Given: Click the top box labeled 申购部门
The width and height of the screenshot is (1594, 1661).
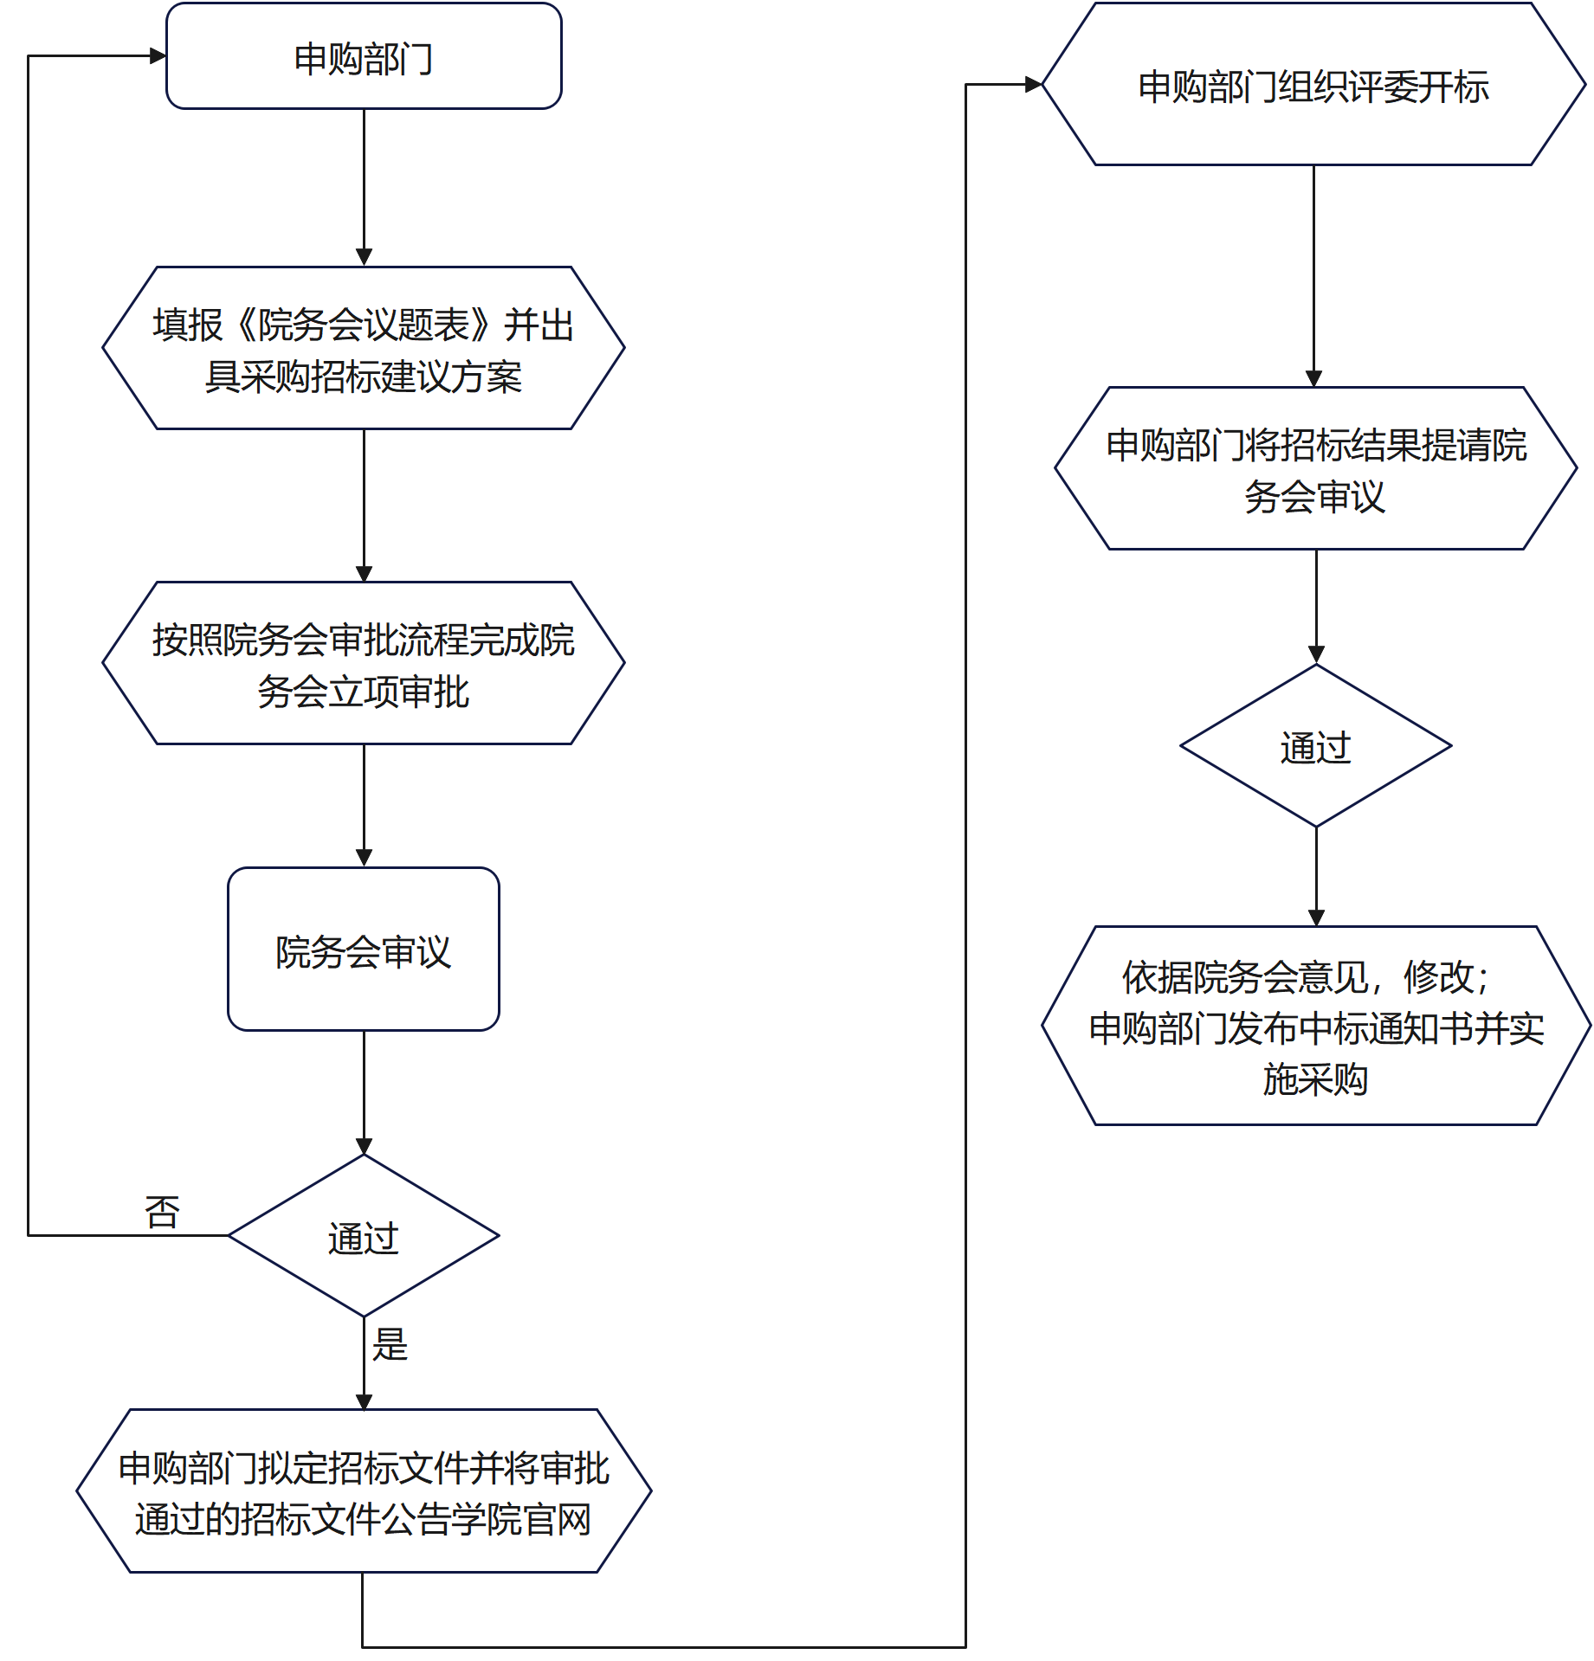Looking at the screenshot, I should point(364,57).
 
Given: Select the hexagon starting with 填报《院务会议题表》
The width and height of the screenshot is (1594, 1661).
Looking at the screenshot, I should point(364,349).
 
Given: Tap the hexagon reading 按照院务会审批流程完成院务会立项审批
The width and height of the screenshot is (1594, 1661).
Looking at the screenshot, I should point(364,664).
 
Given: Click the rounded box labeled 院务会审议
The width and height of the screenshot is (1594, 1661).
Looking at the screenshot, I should point(364,950).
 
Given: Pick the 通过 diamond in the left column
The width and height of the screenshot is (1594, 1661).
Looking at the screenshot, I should point(364,1237).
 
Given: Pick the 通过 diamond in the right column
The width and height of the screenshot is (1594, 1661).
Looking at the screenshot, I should point(1315,746).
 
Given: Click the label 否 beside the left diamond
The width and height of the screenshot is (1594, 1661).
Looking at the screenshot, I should point(162,1212).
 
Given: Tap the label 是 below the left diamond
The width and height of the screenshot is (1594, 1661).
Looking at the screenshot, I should point(390,1344).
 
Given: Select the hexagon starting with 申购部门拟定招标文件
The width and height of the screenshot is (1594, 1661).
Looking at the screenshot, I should point(364,1492).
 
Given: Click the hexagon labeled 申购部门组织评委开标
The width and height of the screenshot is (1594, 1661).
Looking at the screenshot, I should point(1313,86).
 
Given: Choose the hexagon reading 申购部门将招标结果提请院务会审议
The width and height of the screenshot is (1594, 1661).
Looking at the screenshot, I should point(1315,469).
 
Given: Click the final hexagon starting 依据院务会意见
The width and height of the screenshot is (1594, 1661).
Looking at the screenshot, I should point(1315,1027).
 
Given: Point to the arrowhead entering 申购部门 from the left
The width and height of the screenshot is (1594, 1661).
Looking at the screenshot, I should point(158,56).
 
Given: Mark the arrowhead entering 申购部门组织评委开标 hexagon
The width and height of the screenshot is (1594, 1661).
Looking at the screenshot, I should point(1033,84).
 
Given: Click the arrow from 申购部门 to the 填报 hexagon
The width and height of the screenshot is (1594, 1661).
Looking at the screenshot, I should point(364,186).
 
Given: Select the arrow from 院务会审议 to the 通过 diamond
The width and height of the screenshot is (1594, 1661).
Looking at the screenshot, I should point(364,1091).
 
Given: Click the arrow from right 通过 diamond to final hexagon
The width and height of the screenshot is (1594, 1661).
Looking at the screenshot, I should point(1316,874).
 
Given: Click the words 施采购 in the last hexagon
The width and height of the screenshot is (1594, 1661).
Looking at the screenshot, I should point(1315,1079).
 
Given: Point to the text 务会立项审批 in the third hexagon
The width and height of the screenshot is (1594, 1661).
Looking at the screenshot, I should point(364,692).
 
